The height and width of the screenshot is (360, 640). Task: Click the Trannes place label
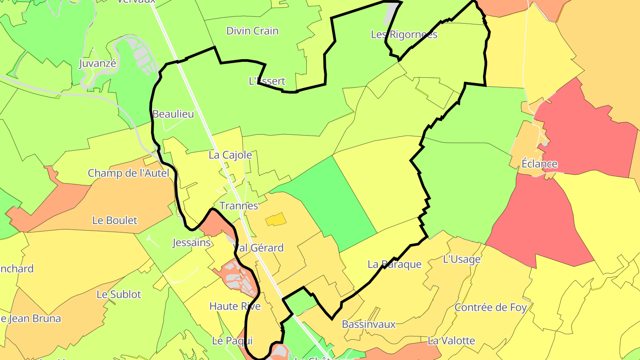point(239,206)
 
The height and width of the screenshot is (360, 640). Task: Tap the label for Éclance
point(539,164)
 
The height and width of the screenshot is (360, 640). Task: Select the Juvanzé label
point(97,64)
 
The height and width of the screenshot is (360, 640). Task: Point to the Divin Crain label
point(252,31)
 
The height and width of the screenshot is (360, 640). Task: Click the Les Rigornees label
point(404,35)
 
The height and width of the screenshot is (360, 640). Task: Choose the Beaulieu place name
point(173,114)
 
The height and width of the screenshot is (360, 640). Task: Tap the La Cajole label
point(230,155)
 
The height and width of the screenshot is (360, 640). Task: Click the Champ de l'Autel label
point(128,173)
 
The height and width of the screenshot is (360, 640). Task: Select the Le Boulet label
point(115,220)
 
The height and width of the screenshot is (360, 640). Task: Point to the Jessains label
point(191,243)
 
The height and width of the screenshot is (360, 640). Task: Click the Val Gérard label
point(258,248)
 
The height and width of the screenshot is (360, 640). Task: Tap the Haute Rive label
point(235,306)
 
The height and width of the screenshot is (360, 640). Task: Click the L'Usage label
point(462,259)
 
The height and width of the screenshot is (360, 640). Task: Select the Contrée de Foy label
point(491,307)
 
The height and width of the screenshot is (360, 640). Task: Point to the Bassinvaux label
point(368,324)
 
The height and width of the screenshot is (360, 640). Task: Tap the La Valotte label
point(451,341)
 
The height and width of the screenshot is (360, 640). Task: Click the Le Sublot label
point(119,294)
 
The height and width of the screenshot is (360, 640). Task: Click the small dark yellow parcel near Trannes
point(276,219)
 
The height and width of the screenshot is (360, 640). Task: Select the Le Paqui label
point(232,341)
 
